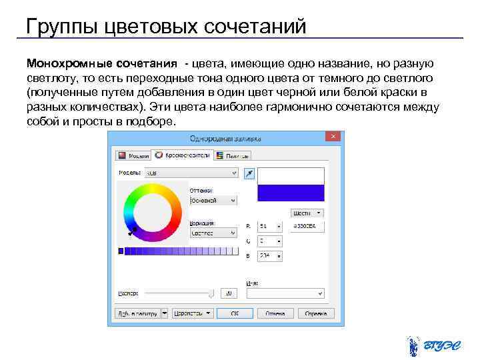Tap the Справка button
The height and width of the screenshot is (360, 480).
click(311, 313)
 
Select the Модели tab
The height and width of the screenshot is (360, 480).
click(133, 155)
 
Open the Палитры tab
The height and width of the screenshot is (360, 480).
click(233, 155)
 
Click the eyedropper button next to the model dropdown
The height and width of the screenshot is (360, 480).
click(249, 173)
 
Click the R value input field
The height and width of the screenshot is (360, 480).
click(269, 227)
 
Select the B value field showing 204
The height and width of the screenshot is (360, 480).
click(269, 256)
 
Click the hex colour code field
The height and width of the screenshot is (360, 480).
click(307, 227)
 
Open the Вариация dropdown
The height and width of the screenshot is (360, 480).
click(213, 233)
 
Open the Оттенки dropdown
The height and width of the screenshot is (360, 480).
click(213, 200)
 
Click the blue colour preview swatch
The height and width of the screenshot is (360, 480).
click(291, 193)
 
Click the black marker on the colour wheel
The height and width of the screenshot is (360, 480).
click(132, 231)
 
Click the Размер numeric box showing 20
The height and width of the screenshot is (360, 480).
click(229, 293)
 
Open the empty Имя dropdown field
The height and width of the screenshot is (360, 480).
click(285, 293)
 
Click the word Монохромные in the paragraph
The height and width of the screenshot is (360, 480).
click(60, 63)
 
